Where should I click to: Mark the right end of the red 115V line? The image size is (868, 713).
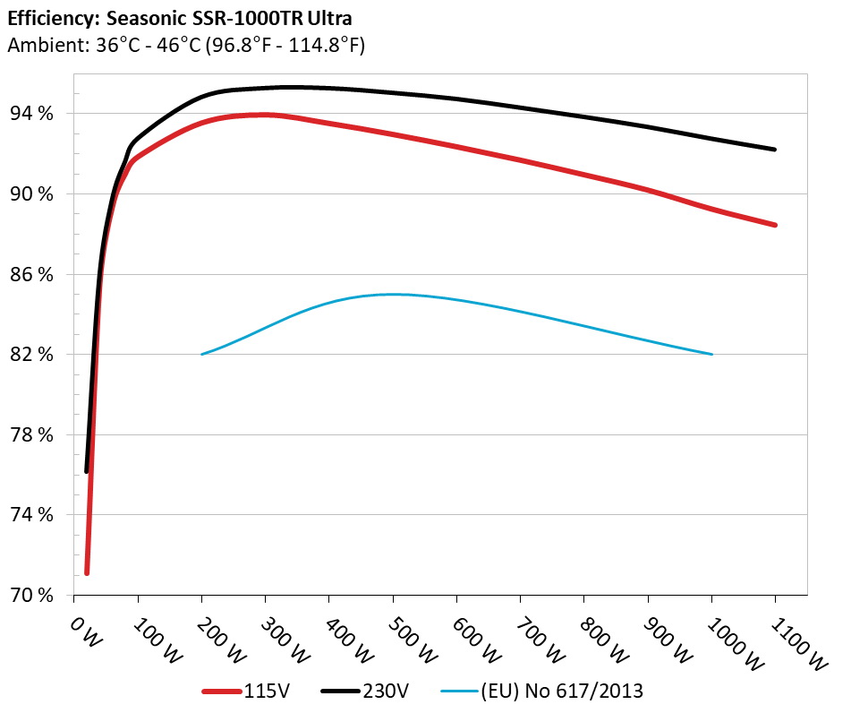tap(775, 225)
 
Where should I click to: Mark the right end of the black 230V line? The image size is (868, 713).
tap(775, 149)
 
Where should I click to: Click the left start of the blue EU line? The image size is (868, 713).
tap(202, 354)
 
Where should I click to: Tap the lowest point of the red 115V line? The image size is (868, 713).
tap(87, 572)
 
